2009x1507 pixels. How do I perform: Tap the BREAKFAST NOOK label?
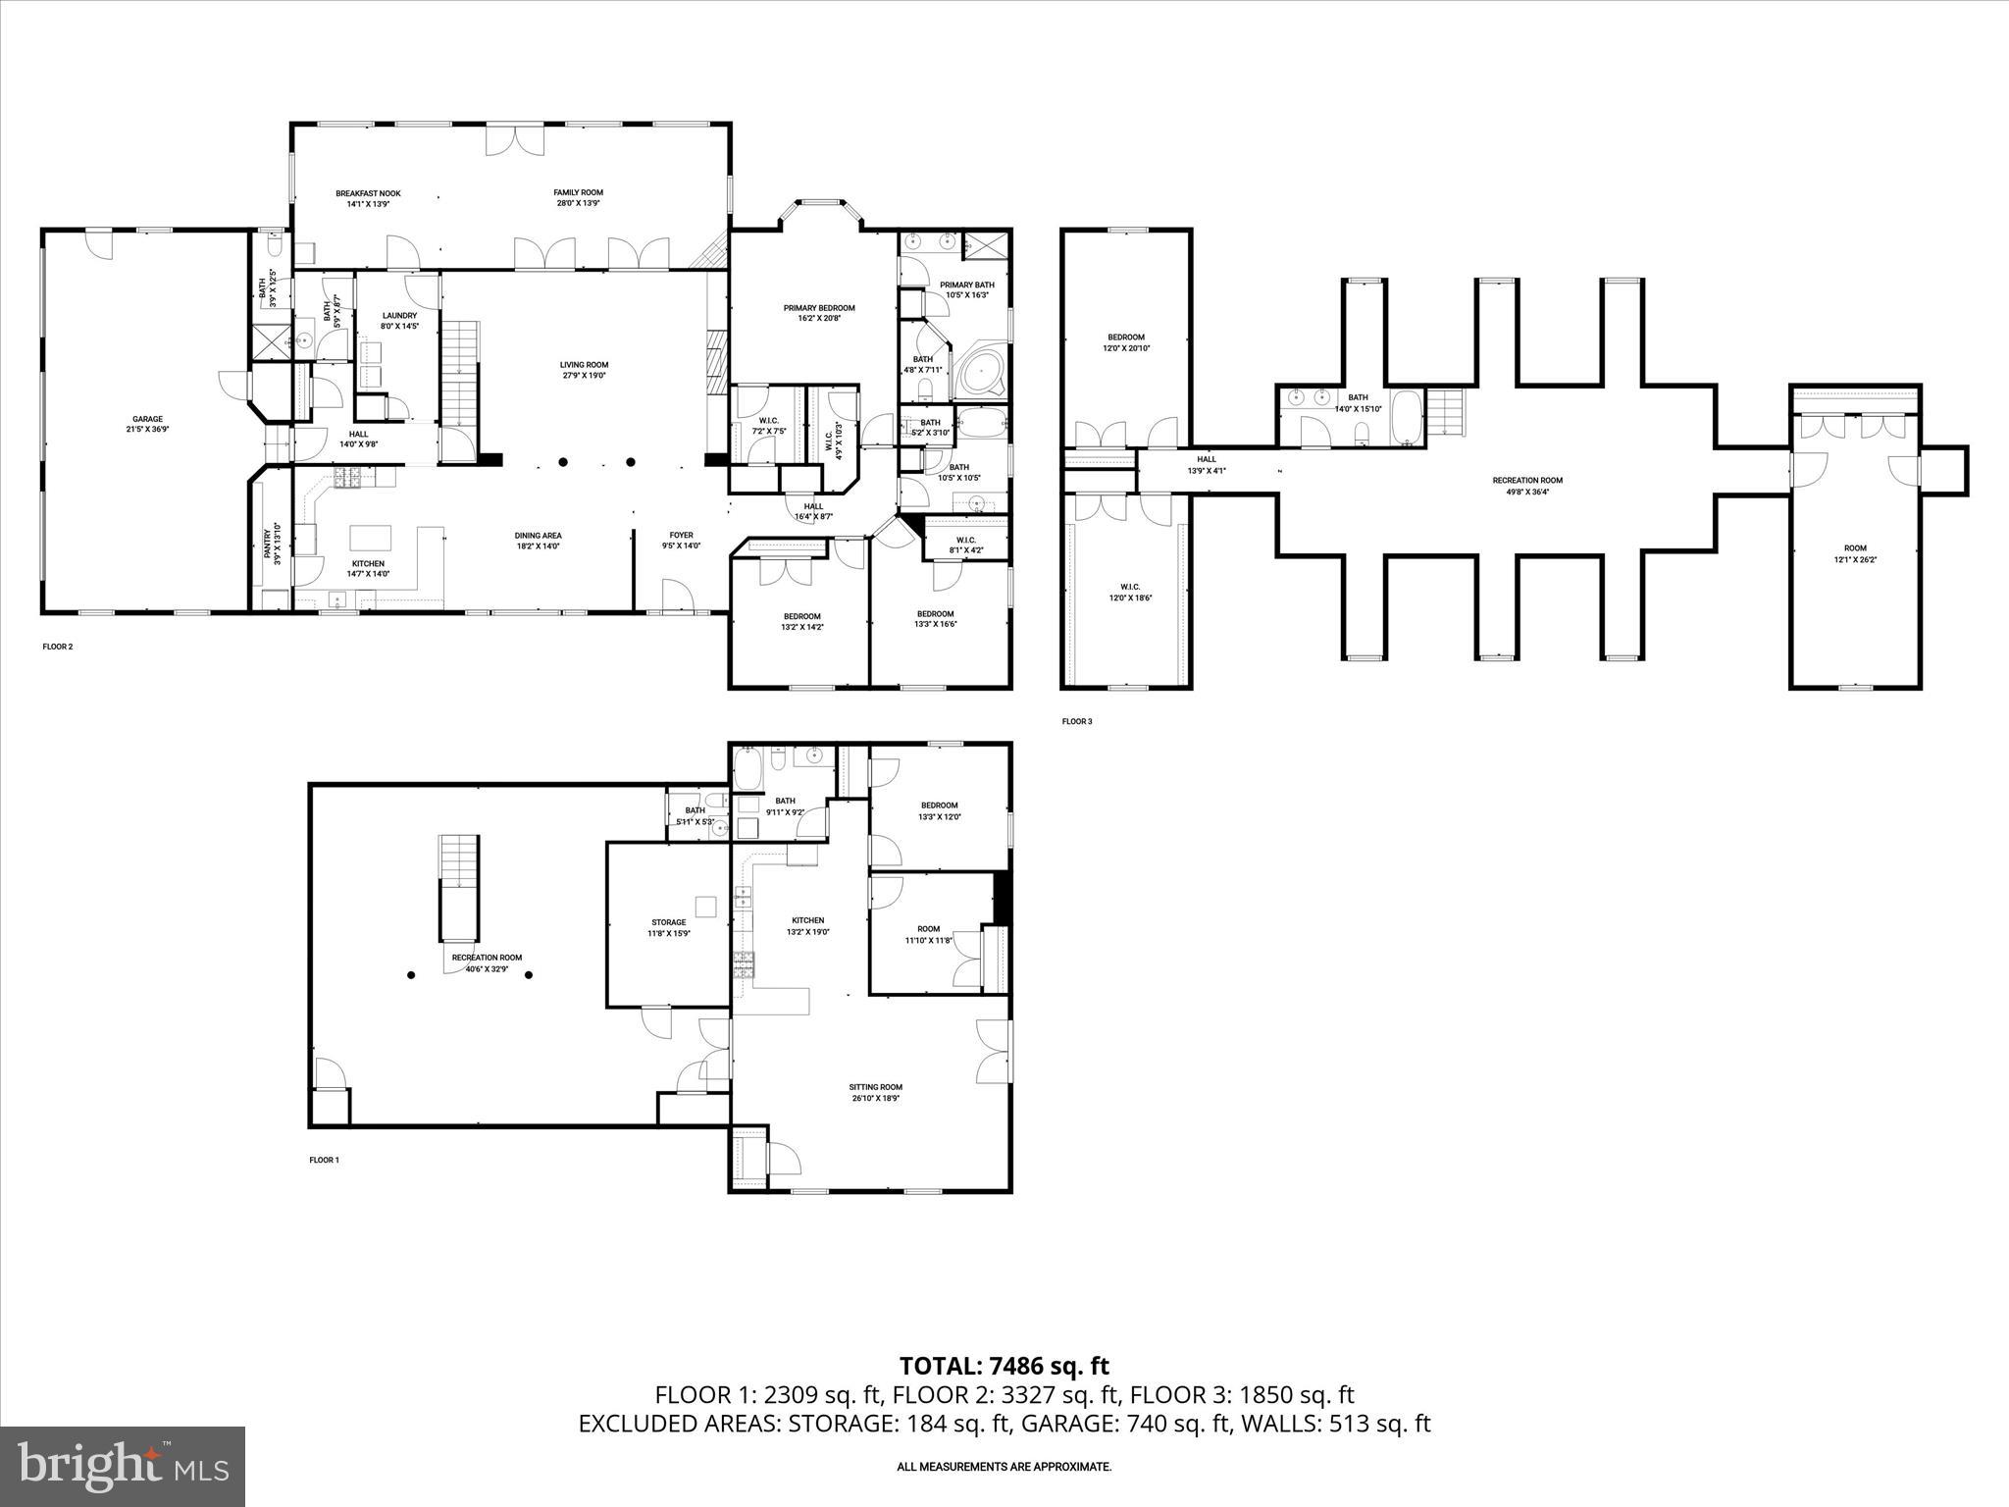click(x=368, y=193)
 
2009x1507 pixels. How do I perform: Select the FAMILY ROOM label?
click(x=578, y=192)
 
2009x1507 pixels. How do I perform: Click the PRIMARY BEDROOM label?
click(x=818, y=308)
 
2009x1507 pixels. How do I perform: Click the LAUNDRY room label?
click(x=399, y=316)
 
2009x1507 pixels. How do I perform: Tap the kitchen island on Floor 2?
click(x=371, y=538)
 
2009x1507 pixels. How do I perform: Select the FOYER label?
click(x=681, y=536)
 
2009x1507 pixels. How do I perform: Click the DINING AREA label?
click(x=538, y=536)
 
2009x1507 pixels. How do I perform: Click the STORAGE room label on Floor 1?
click(x=668, y=922)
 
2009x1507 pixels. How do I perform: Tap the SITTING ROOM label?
click(x=876, y=1087)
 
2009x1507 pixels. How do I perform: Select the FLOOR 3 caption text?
click(x=1076, y=721)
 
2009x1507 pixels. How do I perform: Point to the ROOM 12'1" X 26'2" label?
click(x=1854, y=553)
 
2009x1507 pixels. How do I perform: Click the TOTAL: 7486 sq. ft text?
click(x=1004, y=1365)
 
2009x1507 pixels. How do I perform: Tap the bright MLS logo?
click(x=123, y=1467)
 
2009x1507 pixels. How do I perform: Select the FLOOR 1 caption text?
click(x=324, y=1160)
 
